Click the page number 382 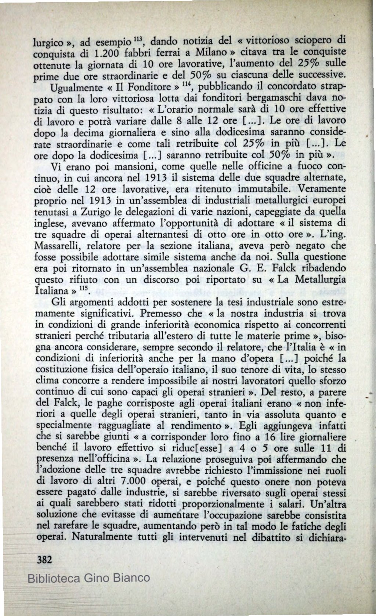pyautogui.click(x=43, y=560)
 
